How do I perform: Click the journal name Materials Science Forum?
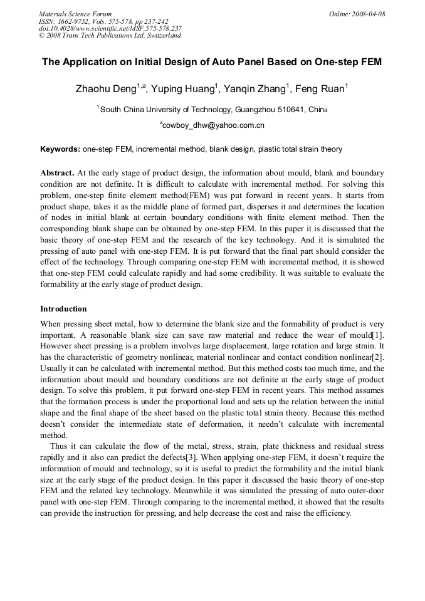pyautogui.click(x=75, y=14)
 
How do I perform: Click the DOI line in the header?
pyautogui.click(x=110, y=28)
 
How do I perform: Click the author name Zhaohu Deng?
pyautogui.click(x=105, y=89)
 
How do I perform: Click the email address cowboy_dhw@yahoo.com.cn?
pyautogui.click(x=214, y=125)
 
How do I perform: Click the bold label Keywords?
pyautogui.click(x=60, y=149)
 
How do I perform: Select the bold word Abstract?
pyautogui.click(x=57, y=172)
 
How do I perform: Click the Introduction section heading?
pyautogui.click(x=63, y=309)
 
